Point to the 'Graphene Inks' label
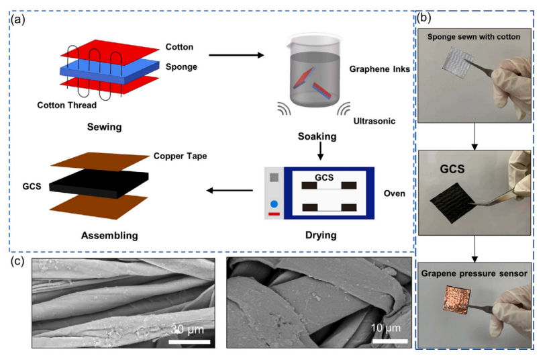(379, 69)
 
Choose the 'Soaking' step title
(317, 136)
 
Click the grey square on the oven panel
(274, 179)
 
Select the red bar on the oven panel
(274, 215)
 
